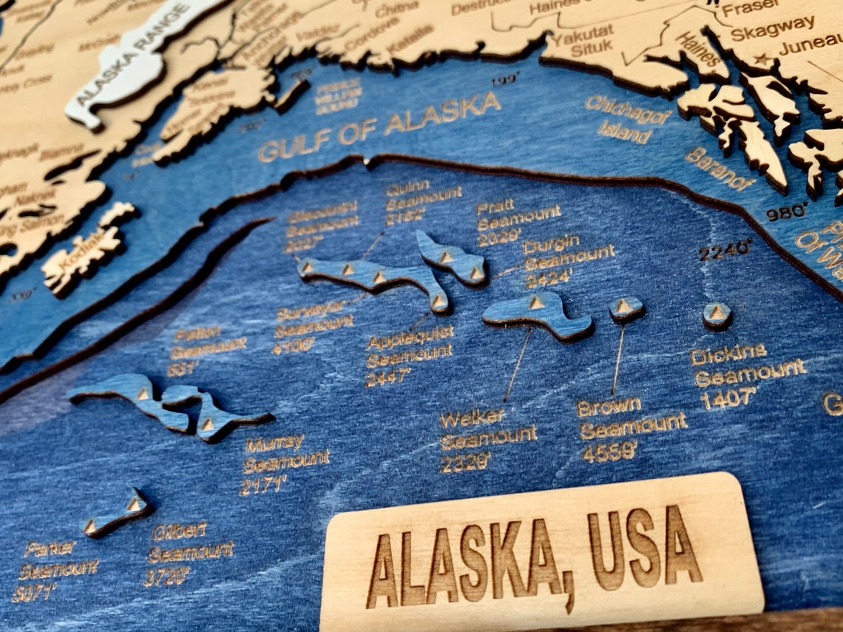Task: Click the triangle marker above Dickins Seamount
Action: click(717, 313)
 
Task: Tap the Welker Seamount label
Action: click(487, 439)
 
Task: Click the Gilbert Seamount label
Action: click(189, 552)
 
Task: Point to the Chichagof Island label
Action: click(627, 118)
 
